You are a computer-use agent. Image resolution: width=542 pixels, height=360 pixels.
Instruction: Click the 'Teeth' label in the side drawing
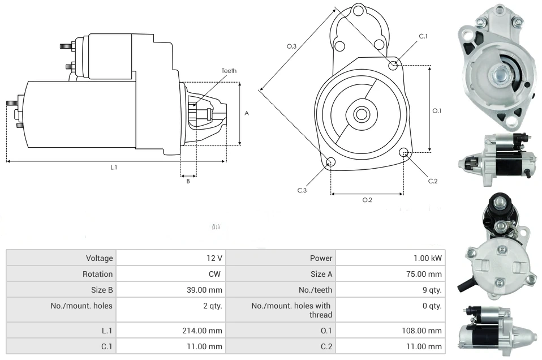[229, 71]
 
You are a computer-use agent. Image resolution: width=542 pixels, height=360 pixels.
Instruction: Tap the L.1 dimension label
[113, 168]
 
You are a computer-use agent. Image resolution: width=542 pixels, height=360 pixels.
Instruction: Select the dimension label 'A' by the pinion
[247, 113]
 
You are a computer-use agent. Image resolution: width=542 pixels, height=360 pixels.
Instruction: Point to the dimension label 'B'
[188, 181]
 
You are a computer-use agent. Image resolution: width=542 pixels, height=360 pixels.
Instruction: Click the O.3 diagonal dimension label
[291, 46]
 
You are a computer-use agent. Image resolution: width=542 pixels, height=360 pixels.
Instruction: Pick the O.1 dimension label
[437, 111]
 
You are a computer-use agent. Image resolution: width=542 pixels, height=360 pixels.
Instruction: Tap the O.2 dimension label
[367, 200]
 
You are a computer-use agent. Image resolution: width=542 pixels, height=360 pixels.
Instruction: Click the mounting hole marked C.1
[393, 65]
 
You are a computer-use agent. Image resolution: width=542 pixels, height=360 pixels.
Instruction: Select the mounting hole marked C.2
[404, 153]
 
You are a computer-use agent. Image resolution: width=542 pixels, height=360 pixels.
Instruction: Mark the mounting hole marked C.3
[331, 162]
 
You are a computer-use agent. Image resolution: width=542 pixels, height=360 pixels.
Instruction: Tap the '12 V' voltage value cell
[214, 258]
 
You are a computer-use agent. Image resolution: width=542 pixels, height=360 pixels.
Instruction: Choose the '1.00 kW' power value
[428, 258]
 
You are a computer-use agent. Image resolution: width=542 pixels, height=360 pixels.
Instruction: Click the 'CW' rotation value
[217, 274]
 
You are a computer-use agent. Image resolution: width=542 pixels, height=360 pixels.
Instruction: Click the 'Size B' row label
[101, 290]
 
